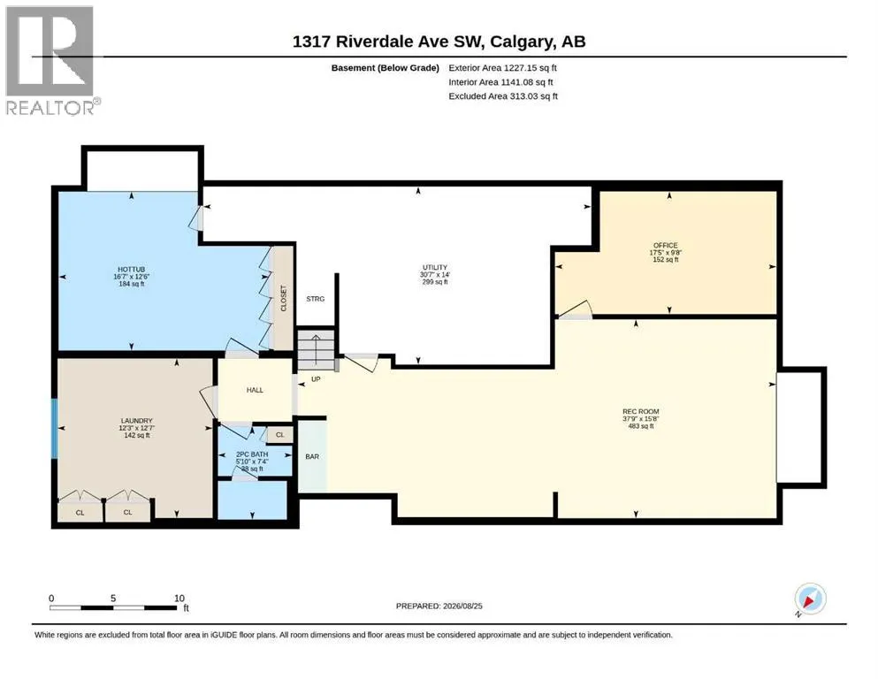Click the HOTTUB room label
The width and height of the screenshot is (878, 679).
[131, 270]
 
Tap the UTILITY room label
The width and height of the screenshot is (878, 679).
[435, 268]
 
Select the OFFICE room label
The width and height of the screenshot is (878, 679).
[665, 245]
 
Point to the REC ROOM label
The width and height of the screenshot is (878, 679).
[641, 411]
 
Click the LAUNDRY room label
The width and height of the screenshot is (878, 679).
[137, 421]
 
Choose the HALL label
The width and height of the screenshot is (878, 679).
[255, 390]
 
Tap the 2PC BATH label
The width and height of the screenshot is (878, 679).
[252, 454]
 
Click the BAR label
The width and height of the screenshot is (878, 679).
[312, 457]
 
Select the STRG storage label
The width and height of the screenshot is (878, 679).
[316, 299]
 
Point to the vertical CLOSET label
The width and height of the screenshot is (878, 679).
[283, 298]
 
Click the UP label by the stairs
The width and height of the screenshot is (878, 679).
[316, 379]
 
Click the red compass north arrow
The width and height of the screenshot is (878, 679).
[808, 601]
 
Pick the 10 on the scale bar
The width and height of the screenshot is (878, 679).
[179, 599]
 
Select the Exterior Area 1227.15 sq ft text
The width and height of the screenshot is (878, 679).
[502, 68]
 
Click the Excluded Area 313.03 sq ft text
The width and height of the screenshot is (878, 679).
[503, 96]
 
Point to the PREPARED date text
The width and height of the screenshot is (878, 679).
[439, 606]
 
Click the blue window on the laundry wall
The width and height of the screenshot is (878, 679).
[54, 428]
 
